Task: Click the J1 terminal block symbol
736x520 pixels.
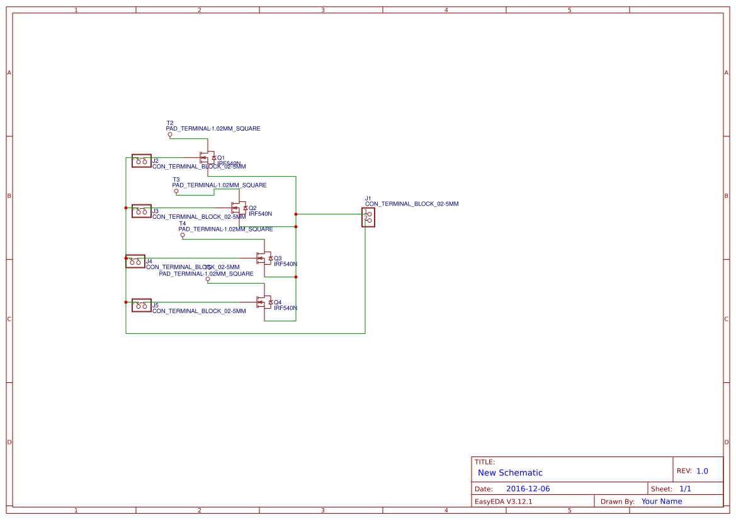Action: pyautogui.click(x=368, y=217)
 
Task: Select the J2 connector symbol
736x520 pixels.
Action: pyautogui.click(x=141, y=161)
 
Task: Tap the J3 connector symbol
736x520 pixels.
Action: pyautogui.click(x=141, y=211)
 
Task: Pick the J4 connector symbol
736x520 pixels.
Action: pyautogui.click(x=135, y=261)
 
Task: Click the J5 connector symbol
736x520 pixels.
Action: pyautogui.click(x=141, y=305)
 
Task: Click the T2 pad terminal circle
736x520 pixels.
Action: pyautogui.click(x=170, y=135)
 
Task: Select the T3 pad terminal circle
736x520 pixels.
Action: pyautogui.click(x=176, y=191)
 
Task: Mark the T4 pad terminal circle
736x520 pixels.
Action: pyautogui.click(x=183, y=235)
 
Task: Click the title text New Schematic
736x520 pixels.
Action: pyautogui.click(x=510, y=473)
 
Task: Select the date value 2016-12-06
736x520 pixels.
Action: pyautogui.click(x=528, y=489)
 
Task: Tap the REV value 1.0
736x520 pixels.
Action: pyautogui.click(x=702, y=471)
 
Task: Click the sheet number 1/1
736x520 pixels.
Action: pyautogui.click(x=685, y=489)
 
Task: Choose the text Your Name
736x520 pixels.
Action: pyautogui.click(x=662, y=501)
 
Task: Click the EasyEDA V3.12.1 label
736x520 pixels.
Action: pyautogui.click(x=503, y=501)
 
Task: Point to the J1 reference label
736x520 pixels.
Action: pyautogui.click(x=368, y=198)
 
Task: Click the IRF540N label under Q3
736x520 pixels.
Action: pyautogui.click(x=285, y=264)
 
